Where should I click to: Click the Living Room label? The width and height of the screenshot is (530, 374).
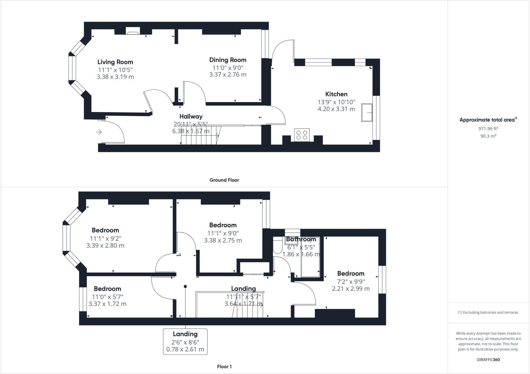(115, 62)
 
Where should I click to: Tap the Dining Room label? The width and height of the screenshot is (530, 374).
(228, 60)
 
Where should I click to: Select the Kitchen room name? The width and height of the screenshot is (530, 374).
(336, 94)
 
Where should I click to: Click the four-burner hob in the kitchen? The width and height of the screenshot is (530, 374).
(302, 135)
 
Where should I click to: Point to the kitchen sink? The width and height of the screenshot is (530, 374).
(367, 113)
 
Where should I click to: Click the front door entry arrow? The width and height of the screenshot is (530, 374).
(99, 132)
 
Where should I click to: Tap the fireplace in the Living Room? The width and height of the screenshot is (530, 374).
(133, 31)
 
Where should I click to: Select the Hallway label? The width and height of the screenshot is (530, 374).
(191, 116)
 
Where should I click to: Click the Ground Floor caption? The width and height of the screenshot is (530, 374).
(224, 180)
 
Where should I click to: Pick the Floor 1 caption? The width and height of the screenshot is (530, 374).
(224, 366)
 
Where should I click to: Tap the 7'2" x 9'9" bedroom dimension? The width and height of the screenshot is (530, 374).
(351, 281)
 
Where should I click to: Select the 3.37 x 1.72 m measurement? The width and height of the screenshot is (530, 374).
(107, 304)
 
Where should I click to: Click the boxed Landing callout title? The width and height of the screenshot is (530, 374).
(185, 334)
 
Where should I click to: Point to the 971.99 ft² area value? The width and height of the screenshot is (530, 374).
(488, 129)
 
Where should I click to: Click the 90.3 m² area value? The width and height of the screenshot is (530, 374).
(488, 136)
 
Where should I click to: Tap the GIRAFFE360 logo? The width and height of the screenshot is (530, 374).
(488, 360)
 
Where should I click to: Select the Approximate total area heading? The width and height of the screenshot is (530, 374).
(488, 120)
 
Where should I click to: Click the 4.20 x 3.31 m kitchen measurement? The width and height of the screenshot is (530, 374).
(336, 109)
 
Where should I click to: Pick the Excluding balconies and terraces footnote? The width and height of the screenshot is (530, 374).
(488, 312)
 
